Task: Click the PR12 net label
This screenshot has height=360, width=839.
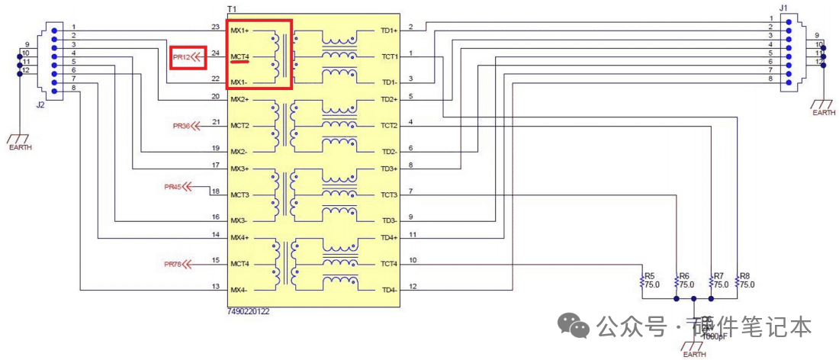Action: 181,56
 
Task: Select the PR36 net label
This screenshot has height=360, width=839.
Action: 181,125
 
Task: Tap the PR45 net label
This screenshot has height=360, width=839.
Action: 173,186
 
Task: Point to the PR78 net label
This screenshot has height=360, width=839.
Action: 173,264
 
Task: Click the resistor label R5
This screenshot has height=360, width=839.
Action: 650,275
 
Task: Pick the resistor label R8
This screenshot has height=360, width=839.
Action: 745,275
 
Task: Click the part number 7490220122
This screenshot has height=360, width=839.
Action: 249,312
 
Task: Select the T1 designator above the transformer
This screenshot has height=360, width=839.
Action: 232,8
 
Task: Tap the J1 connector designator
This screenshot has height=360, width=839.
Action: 783,8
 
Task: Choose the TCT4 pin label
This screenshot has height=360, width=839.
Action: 388,264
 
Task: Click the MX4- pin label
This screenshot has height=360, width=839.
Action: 239,290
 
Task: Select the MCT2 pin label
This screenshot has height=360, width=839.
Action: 239,125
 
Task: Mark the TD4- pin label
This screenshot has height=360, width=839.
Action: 388,290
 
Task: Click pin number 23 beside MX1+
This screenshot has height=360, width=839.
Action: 215,27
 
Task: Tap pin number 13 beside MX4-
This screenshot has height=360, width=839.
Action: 215,286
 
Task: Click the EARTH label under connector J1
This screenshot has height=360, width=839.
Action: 823,113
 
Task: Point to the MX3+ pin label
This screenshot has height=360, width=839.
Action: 239,169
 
